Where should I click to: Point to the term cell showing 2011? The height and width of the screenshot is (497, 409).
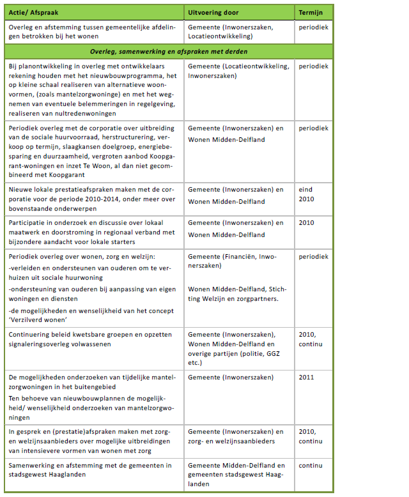[306, 377]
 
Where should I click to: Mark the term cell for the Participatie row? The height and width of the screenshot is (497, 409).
[306, 223]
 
